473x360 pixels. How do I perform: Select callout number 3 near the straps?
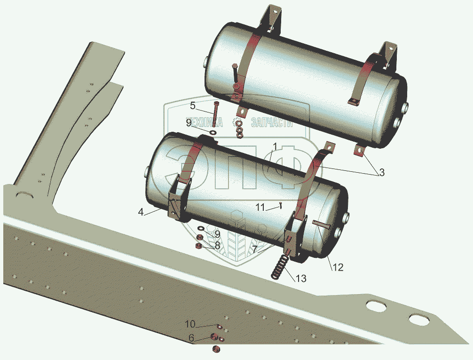click(x=382, y=173)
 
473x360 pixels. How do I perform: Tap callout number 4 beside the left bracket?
click(x=141, y=212)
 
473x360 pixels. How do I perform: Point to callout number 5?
click(x=193, y=105)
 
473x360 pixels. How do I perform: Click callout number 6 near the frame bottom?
click(x=191, y=337)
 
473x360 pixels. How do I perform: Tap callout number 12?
click(x=339, y=267)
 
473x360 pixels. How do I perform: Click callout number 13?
click(x=301, y=278)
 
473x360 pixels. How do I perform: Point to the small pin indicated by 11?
click(x=280, y=205)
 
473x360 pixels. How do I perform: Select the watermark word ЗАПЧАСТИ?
click(x=272, y=123)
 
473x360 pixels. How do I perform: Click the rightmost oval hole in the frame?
click(x=418, y=320)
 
